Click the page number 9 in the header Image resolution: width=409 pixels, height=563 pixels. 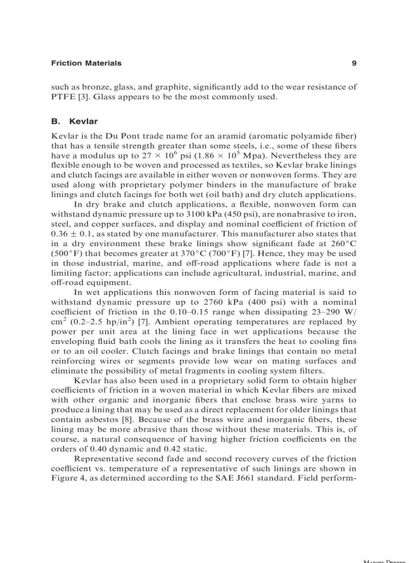pyautogui.click(x=354, y=63)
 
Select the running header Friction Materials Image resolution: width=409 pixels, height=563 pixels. pyautogui.click(x=86, y=63)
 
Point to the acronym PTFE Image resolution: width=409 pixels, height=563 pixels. pyautogui.click(x=63, y=96)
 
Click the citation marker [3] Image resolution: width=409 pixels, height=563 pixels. pyautogui.click(x=86, y=96)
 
